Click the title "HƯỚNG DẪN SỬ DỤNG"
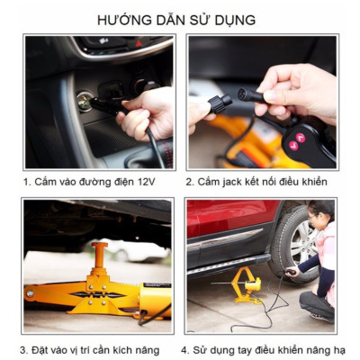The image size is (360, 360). pyautogui.click(x=180, y=18)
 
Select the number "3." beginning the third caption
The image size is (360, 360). pyautogui.click(x=25, y=349)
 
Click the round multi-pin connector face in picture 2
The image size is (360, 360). pyautogui.click(x=240, y=92)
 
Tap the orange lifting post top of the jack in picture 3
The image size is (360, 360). pyautogui.click(x=100, y=247)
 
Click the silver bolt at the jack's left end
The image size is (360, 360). pyautogui.click(x=30, y=291)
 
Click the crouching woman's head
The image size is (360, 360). pyautogui.click(x=320, y=215)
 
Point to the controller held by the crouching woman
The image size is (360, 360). pyautogui.click(x=290, y=266)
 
